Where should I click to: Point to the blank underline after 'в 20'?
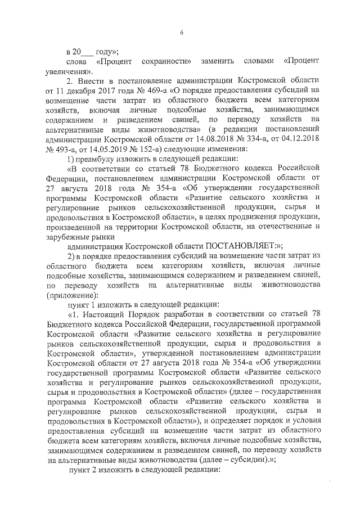[90, 53]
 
